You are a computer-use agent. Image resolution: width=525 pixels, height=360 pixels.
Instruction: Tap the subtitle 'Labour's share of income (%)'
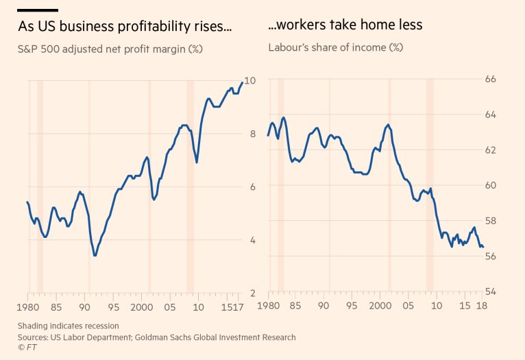click(x=335, y=48)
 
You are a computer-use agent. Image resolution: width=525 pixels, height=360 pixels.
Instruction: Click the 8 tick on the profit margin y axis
click(x=252, y=134)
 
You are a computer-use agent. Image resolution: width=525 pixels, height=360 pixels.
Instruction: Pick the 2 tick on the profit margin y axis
click(x=252, y=293)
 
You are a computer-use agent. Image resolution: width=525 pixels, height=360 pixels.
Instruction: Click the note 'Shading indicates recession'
click(x=68, y=326)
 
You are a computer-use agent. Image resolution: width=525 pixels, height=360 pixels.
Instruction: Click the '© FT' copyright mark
click(x=27, y=348)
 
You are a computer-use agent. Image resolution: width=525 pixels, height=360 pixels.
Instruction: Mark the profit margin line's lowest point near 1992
click(x=95, y=255)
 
